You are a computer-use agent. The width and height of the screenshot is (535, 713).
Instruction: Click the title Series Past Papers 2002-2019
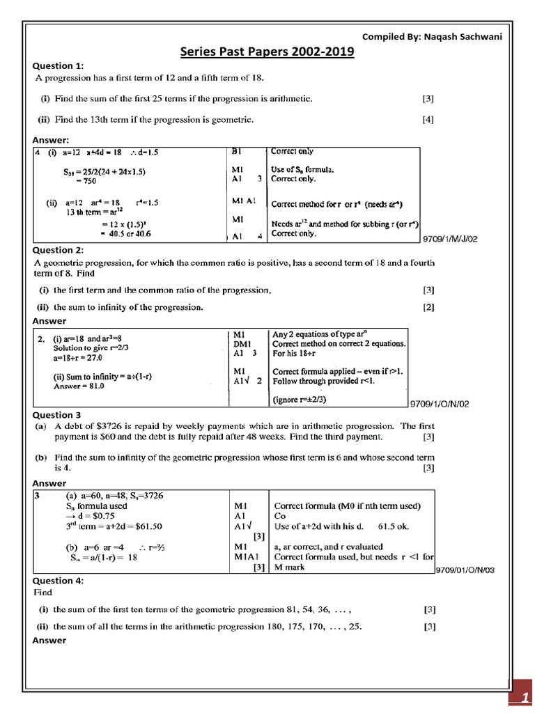[267, 52]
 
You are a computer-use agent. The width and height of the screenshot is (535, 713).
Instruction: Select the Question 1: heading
[59, 65]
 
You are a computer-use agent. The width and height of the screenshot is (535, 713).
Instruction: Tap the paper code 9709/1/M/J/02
[451, 239]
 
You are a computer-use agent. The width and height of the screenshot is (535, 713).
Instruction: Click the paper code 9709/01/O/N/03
[465, 570]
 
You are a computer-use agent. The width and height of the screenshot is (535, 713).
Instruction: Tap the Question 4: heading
[59, 580]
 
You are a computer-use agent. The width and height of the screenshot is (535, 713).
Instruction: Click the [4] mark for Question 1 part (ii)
[428, 119]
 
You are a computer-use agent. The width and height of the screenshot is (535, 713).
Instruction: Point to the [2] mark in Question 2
[428, 306]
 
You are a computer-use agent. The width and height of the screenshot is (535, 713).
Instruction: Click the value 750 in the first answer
[85, 180]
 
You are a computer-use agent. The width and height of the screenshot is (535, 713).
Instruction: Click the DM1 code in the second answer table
[241, 343]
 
